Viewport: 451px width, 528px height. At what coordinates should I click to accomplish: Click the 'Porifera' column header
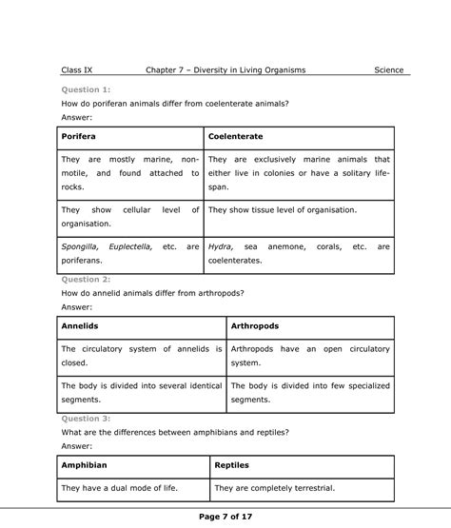[x=80, y=137]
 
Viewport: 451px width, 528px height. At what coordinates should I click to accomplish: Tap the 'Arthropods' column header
[x=255, y=326]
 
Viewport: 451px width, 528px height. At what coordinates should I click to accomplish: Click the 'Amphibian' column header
[x=85, y=465]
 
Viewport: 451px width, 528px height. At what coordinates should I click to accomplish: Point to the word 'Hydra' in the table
[x=220, y=245]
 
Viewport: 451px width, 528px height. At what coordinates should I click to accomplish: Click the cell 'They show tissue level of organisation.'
[x=282, y=209]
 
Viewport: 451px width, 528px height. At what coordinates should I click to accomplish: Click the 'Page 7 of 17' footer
[x=225, y=517]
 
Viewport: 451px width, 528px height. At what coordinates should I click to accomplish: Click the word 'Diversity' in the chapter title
[x=225, y=69]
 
